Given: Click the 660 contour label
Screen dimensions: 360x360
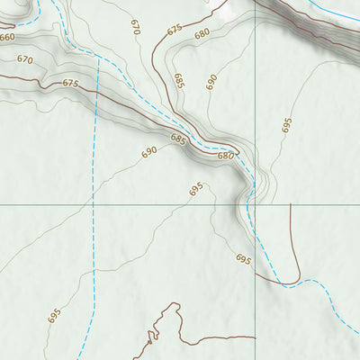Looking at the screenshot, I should click(7, 38).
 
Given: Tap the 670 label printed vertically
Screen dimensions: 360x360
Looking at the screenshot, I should click(135, 25).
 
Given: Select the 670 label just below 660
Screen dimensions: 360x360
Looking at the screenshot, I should click(24, 59).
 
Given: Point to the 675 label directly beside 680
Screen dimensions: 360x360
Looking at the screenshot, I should click(175, 30).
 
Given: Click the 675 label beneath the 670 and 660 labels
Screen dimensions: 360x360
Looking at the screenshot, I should click(71, 83).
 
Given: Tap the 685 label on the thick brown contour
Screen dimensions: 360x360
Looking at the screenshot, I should click(177, 139).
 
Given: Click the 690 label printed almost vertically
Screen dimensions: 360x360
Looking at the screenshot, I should click(211, 82).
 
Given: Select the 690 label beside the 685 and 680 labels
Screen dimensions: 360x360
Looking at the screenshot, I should click(148, 152).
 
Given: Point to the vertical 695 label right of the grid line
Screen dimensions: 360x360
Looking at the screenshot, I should click(287, 125).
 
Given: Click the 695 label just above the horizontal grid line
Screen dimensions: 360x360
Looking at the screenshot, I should click(196, 190).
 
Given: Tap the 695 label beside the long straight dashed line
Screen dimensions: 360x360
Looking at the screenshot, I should click(54, 316).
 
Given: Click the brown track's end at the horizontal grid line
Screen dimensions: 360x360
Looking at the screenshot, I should click(291, 205).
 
